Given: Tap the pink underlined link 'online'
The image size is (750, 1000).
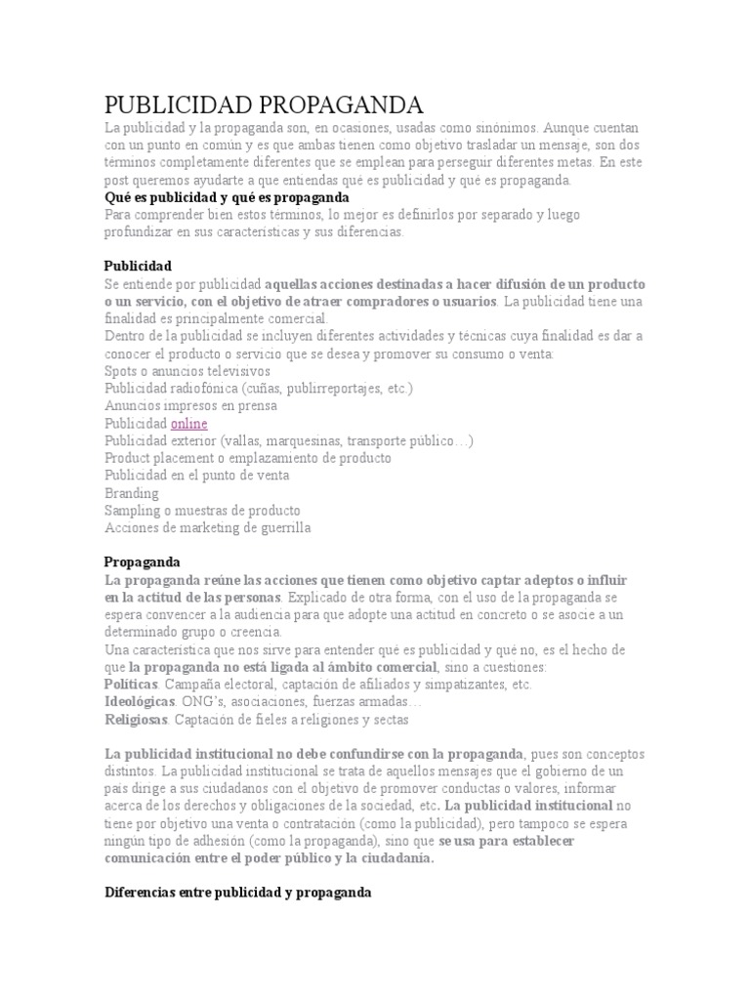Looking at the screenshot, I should [188, 423].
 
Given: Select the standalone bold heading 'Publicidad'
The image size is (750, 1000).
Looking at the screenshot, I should [138, 266].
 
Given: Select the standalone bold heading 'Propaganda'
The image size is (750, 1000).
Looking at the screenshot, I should [142, 562].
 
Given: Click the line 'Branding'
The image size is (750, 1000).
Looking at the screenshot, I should [131, 493].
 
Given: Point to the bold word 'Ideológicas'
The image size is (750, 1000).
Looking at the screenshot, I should [140, 702].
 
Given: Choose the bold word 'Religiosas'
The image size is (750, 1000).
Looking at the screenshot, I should [138, 720].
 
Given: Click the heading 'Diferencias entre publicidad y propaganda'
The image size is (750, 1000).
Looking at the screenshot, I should [237, 893].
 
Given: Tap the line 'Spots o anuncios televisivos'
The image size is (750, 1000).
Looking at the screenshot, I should [187, 371].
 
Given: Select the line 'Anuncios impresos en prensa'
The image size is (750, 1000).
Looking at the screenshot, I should [190, 405].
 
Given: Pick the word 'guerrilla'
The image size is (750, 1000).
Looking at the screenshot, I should [281, 528].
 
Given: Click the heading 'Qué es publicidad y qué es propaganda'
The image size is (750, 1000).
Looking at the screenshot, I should [227, 197].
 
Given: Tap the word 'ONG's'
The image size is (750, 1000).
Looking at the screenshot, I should [199, 702].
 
